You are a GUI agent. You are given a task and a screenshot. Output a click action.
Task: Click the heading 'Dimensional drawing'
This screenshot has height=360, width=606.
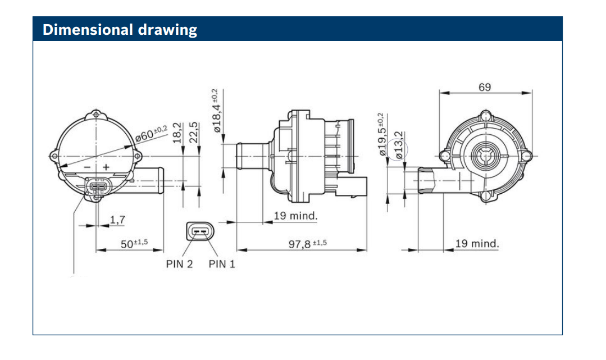pos(120,29)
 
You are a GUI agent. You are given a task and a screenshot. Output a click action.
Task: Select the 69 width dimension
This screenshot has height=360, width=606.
pos(484,87)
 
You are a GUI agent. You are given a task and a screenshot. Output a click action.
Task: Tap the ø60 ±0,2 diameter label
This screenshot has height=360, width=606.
pos(151,134)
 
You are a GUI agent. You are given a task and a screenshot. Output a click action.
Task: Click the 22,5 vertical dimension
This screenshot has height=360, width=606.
pos(194,133)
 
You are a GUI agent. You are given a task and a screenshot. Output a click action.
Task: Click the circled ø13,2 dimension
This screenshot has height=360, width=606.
pos(399,145)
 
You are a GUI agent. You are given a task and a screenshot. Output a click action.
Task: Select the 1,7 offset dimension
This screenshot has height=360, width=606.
pos(117,220)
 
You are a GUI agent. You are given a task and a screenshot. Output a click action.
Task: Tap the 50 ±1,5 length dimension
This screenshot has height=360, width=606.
pos(134,243)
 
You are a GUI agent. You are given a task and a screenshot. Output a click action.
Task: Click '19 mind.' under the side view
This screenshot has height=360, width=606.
pos(295,216)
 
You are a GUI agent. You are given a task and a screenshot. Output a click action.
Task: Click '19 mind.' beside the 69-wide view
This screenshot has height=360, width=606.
pos(476,243)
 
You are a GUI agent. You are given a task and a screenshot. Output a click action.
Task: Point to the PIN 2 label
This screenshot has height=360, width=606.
pos(179,264)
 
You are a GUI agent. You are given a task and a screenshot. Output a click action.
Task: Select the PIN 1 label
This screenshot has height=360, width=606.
pos(222,264)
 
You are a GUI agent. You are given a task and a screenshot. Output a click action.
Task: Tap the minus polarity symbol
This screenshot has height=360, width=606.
pos(87,167)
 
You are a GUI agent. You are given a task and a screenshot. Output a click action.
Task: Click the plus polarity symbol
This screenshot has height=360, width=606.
pos(105,167)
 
